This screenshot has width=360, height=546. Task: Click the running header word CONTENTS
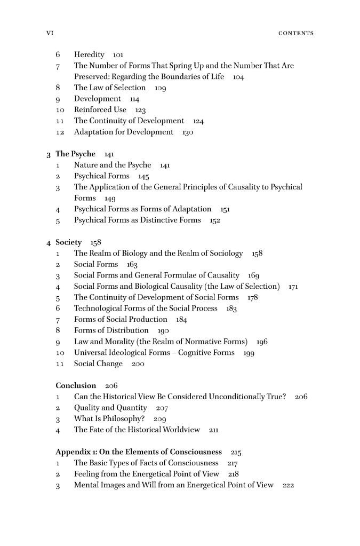[296, 33]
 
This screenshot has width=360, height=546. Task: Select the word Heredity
[90, 54]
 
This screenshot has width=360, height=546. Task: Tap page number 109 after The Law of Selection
[161, 88]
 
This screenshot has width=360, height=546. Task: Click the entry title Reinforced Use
[100, 110]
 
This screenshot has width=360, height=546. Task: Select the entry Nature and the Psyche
[113, 165]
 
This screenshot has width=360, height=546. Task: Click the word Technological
[100, 308]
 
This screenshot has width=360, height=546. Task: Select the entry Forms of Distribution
[111, 330]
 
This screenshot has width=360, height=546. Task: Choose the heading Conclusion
[76, 385]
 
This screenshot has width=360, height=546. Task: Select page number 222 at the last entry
[289, 485]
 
